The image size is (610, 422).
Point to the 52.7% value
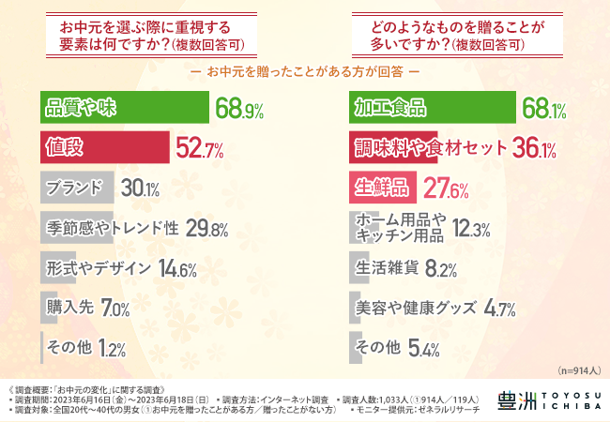(x=199, y=147)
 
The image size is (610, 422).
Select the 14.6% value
(x=179, y=268)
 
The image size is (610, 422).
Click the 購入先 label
(x=70, y=308)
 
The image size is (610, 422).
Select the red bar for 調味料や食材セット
(x=428, y=147)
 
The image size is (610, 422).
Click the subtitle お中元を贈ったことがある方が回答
(x=305, y=70)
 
